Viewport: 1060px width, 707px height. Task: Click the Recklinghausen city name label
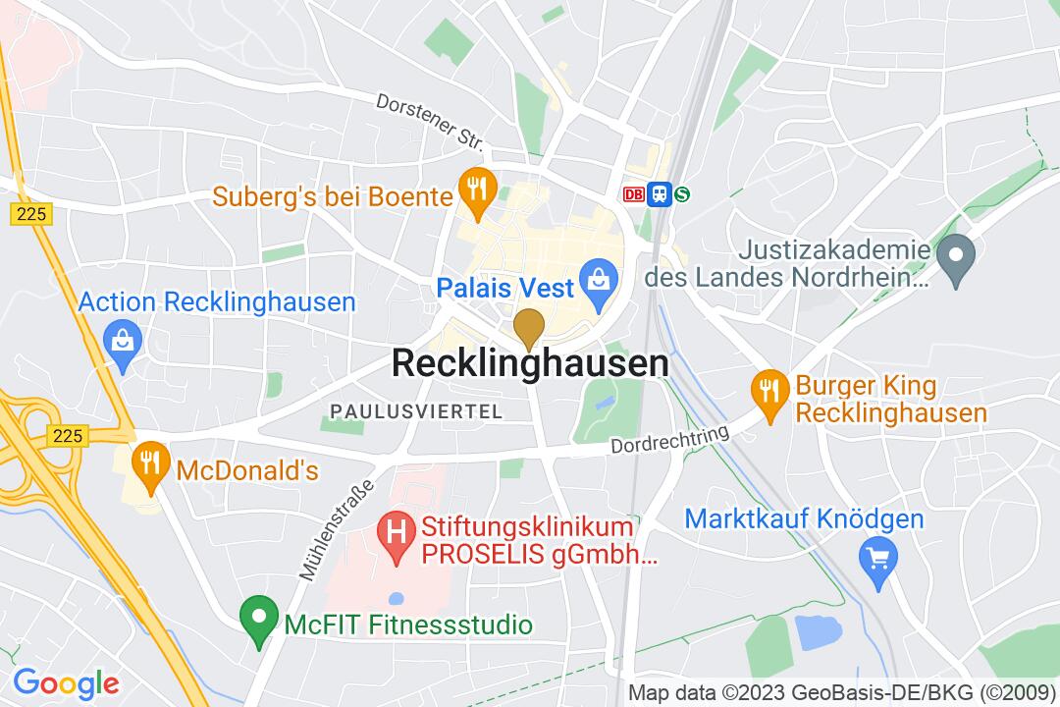coord(530,364)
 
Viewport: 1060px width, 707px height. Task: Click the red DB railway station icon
coord(634,194)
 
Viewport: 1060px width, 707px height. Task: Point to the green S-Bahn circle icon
coord(681,194)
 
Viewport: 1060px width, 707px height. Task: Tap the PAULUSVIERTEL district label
coord(416,410)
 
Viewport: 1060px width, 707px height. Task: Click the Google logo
coord(66,682)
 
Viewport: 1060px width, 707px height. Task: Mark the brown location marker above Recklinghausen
coord(530,328)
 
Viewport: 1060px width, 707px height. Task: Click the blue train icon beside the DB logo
coord(659,194)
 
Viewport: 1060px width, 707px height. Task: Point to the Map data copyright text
coord(841,691)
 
